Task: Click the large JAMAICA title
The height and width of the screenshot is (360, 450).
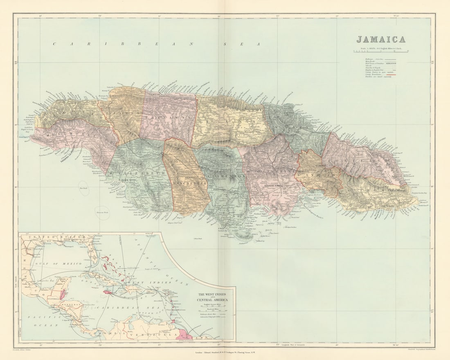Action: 381,40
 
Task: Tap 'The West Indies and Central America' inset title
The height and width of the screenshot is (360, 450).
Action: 213,297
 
